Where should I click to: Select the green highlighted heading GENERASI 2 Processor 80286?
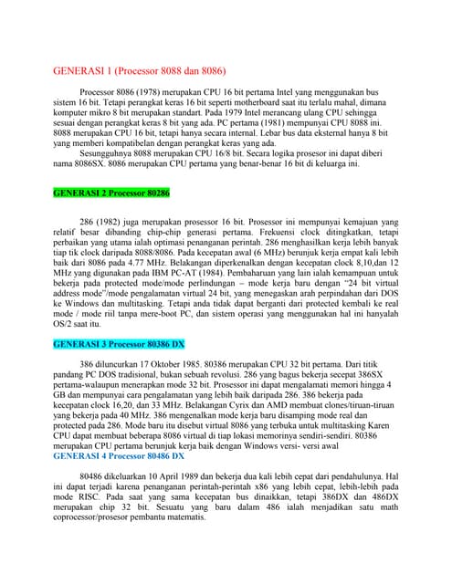point(112,194)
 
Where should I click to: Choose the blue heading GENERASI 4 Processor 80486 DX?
point(119,453)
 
